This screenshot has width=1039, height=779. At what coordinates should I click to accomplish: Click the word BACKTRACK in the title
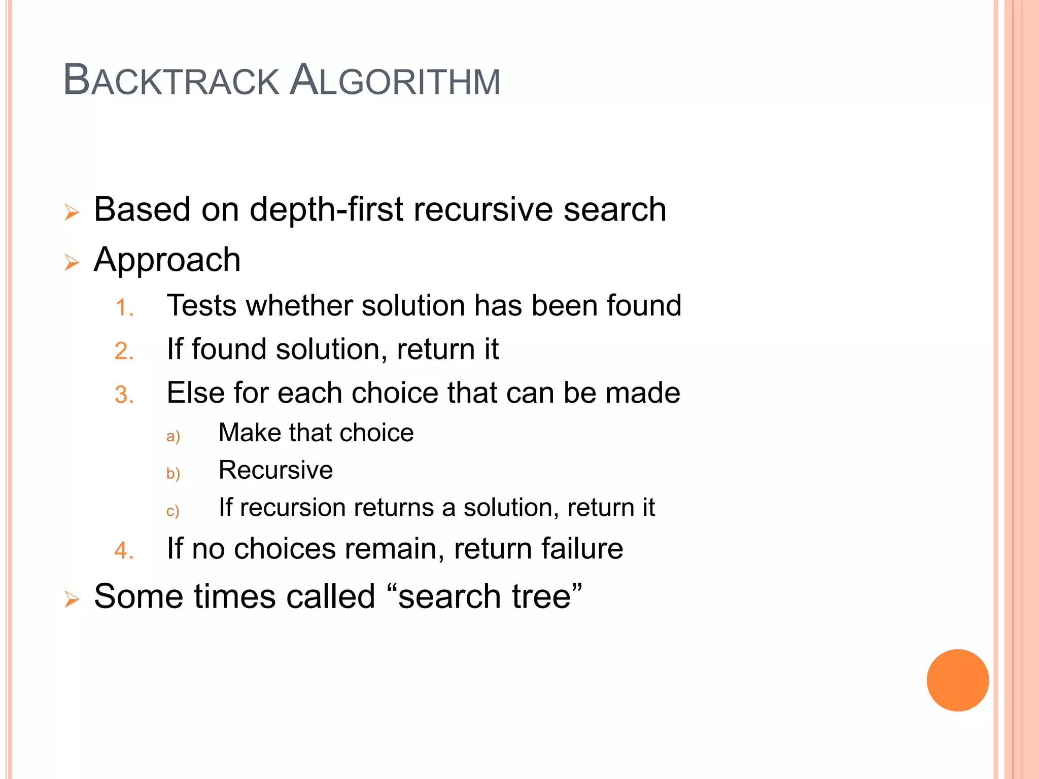(171, 81)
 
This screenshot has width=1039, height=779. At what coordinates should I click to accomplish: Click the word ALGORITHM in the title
(396, 81)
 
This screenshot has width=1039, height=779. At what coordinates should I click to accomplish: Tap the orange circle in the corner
(957, 680)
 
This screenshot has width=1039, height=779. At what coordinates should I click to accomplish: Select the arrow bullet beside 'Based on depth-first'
(72, 212)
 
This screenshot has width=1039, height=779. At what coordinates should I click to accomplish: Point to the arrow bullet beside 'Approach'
(72, 262)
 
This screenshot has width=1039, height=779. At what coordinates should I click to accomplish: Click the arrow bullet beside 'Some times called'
(72, 599)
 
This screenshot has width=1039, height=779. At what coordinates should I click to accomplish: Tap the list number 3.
(124, 395)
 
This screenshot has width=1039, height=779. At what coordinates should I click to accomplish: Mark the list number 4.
(124, 551)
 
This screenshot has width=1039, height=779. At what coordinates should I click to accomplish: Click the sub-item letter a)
(173, 436)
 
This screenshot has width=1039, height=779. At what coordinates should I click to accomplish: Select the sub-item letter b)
(173, 473)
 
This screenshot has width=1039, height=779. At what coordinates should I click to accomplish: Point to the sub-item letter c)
(172, 511)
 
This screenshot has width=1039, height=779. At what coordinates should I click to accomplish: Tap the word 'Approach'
(167, 260)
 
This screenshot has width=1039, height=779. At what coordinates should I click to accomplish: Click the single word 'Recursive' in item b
(275, 470)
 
